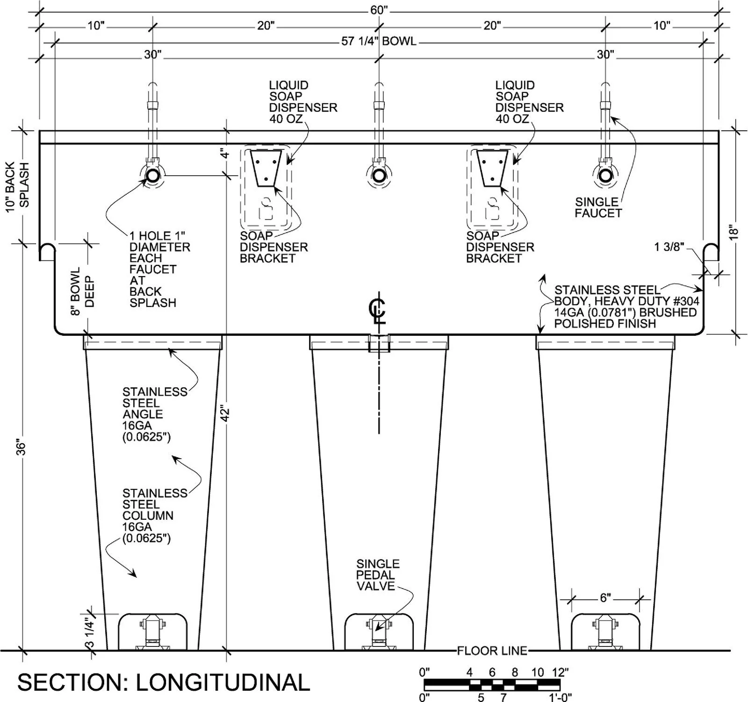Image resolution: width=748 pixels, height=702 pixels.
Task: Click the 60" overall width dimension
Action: tap(379, 10)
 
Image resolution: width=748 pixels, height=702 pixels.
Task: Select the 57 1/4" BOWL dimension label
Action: tap(379, 41)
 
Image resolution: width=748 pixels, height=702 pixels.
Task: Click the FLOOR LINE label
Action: tap(492, 651)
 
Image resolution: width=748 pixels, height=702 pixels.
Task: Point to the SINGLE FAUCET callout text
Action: tap(598, 207)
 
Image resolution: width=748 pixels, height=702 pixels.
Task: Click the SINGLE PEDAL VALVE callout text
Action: tap(378, 575)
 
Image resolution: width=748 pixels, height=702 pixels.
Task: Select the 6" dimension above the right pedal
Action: tap(605, 598)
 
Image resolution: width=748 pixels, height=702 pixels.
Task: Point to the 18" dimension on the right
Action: tap(734, 232)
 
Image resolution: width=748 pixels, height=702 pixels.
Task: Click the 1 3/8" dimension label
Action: tap(669, 247)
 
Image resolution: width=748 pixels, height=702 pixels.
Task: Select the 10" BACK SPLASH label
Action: tap(18, 186)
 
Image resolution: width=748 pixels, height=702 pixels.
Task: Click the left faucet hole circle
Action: tap(152, 176)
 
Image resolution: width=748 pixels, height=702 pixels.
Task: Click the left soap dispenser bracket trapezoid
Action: tap(266, 168)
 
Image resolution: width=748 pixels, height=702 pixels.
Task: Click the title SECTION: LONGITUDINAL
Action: tap(164, 682)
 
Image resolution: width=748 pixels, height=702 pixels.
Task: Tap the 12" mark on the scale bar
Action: tap(559, 672)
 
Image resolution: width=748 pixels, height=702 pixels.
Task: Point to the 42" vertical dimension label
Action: tap(226, 413)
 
